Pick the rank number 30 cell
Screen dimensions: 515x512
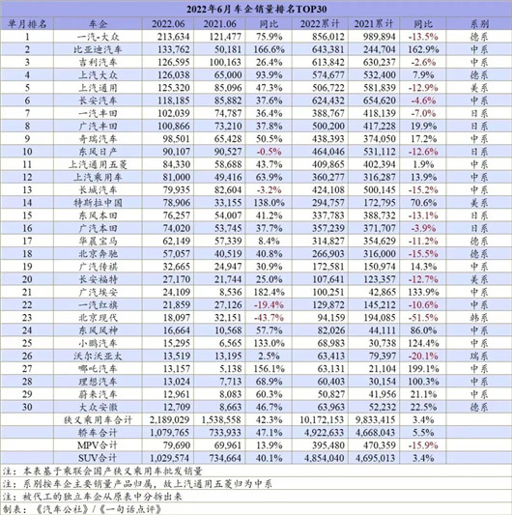[26, 407]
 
